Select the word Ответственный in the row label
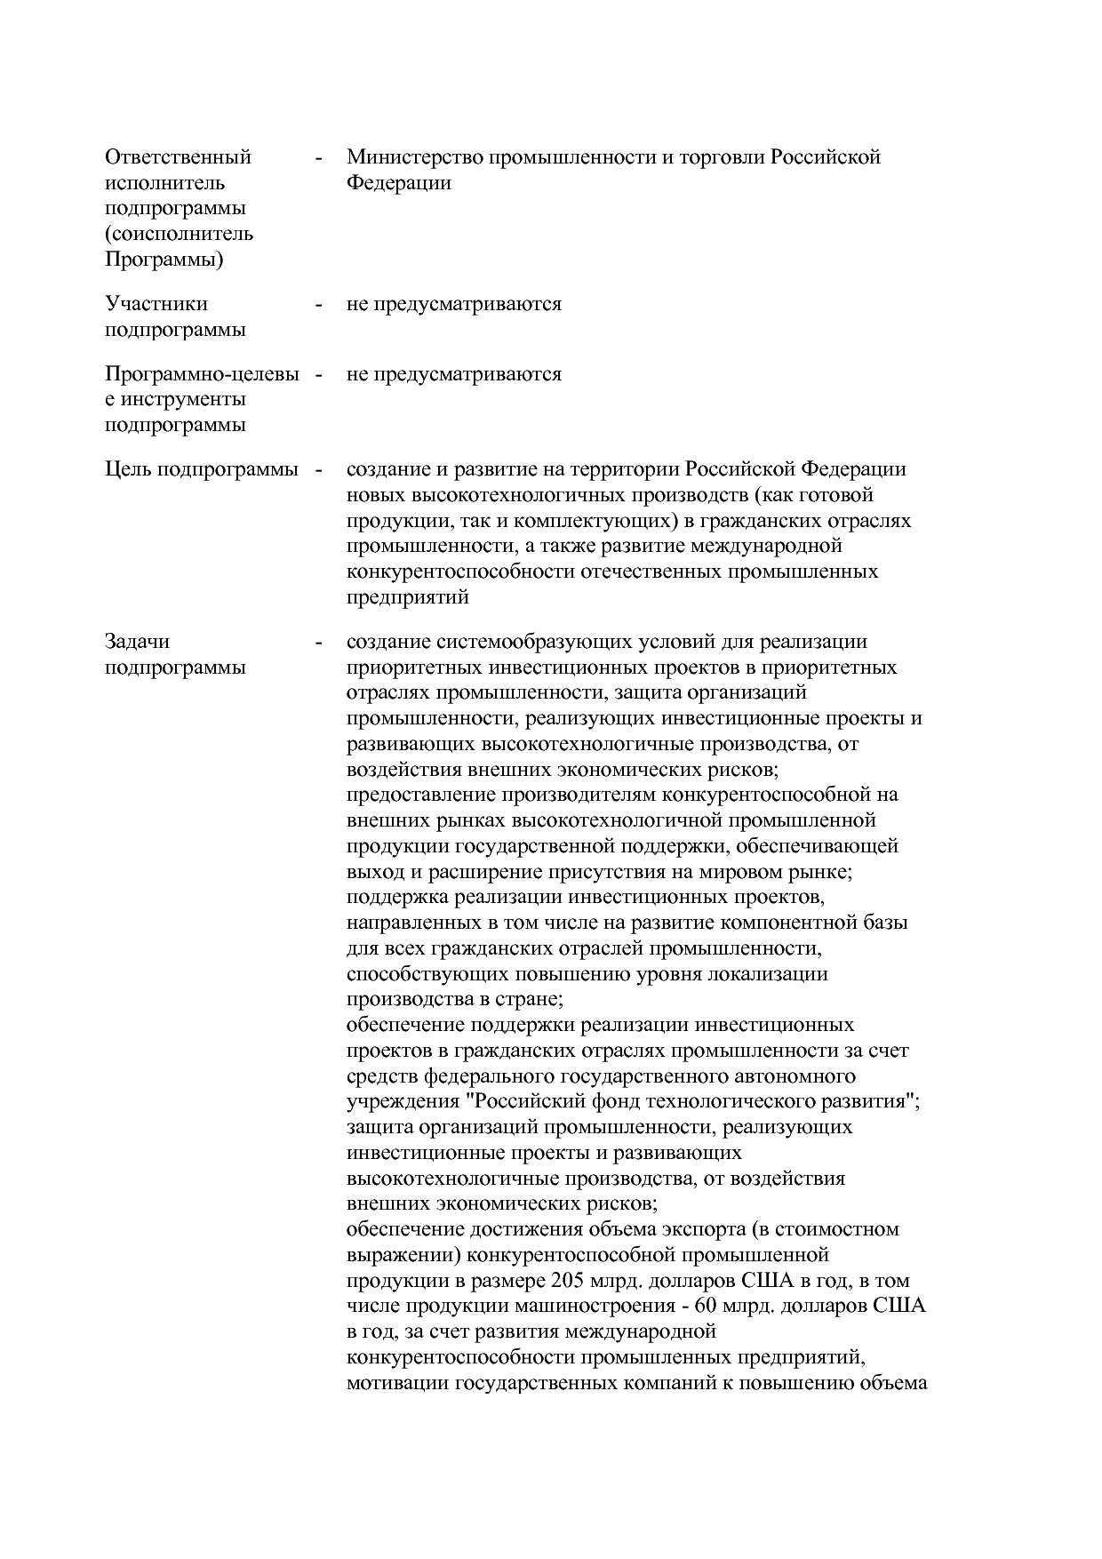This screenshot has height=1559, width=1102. [x=178, y=157]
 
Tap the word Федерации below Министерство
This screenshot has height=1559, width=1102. [x=398, y=183]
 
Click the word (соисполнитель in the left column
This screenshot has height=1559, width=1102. [x=179, y=235]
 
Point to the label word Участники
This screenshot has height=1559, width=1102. [x=156, y=304]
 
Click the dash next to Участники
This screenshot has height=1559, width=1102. [x=318, y=305]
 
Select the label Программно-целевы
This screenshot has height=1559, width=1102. [x=202, y=374]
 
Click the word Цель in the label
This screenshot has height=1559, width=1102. [x=128, y=469]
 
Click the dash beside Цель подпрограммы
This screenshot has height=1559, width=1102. [x=318, y=470]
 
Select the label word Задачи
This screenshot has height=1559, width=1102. [x=137, y=642]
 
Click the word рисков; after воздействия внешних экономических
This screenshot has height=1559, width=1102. [x=740, y=769]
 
